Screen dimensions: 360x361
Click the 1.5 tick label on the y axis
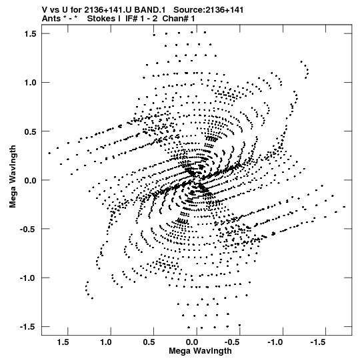pos(31,34)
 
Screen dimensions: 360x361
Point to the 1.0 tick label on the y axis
pos(31,83)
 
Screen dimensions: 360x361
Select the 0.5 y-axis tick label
pos(31,131)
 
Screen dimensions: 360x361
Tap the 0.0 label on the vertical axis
pos(31,180)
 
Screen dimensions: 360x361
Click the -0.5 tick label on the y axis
pos(29,230)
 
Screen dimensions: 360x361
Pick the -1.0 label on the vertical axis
pos(29,278)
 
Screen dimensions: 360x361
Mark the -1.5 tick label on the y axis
pos(29,327)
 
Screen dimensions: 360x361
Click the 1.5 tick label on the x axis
pos(63,342)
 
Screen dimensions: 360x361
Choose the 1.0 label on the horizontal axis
pos(106,342)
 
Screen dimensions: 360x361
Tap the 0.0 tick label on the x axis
pos(192,342)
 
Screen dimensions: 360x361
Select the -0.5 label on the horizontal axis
pos(233,342)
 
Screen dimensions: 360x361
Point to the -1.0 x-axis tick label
pos(276,342)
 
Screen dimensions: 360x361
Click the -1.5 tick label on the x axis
pos(319,342)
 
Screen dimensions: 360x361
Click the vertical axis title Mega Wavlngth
pos(13,177)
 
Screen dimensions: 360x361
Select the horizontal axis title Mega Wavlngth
pos(200,351)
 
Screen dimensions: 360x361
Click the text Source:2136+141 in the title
pos(209,10)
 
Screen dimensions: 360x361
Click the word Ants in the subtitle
pos(51,19)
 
